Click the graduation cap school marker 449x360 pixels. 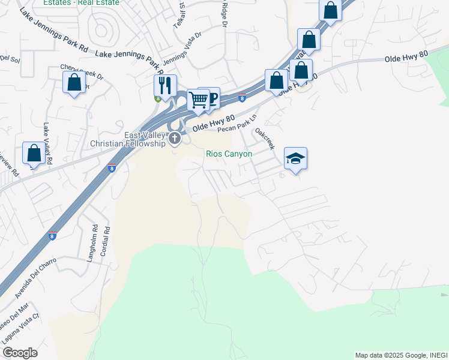tap(295, 159)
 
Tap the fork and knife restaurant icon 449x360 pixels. tap(164, 86)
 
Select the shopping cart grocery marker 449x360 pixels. tap(198, 100)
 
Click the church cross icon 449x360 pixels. tap(175, 139)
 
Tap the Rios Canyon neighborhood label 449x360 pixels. tap(229, 154)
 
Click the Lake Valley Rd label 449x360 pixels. tap(48, 143)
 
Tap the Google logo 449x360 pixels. tap(20, 353)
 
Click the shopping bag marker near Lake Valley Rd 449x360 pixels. tap(34, 154)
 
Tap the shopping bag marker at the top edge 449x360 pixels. tap(330, 10)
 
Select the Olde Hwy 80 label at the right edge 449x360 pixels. tap(406, 57)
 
